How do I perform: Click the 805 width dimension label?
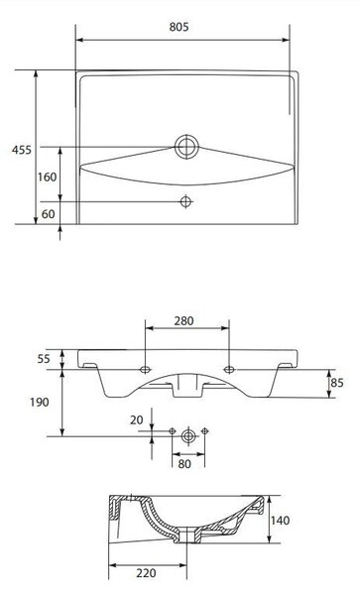(x=179, y=27)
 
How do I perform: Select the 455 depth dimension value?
(x=22, y=150)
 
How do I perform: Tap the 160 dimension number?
(x=47, y=177)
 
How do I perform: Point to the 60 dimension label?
(x=49, y=214)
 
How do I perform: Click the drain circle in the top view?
(x=186, y=147)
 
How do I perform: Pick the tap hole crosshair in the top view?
(x=185, y=201)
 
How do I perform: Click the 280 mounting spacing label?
(x=184, y=321)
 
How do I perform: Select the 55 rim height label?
(x=44, y=359)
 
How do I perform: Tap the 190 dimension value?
(x=40, y=403)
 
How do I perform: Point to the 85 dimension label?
(x=337, y=383)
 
